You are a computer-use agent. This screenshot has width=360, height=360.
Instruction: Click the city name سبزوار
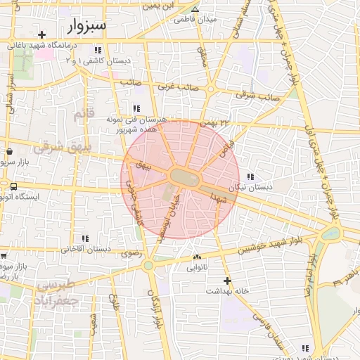pos(87,27)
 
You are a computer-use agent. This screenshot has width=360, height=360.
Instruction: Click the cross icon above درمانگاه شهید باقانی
pos(42,34)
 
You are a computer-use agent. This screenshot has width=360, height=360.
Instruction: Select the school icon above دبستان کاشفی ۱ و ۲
pos(98,50)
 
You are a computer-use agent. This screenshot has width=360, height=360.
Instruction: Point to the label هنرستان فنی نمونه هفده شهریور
pos(140,125)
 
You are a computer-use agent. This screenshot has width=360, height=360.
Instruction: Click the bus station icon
pos(13,186)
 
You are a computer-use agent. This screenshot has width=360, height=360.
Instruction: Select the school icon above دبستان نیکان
pos(251,176)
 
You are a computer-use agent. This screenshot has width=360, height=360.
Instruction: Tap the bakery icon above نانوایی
pos(197,257)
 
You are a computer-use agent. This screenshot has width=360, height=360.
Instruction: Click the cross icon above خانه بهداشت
pos(226,281)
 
